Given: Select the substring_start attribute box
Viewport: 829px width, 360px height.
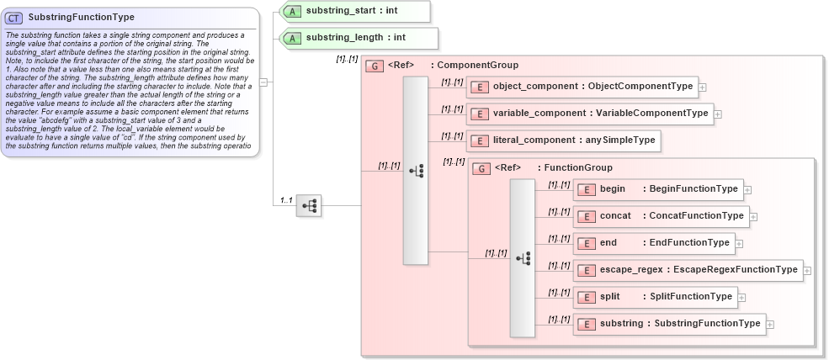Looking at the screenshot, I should click(354, 11).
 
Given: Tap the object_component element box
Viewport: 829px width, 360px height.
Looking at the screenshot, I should click(582, 86).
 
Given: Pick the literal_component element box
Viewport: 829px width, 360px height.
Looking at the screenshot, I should click(564, 140).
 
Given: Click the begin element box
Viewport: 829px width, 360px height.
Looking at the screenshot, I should click(659, 189).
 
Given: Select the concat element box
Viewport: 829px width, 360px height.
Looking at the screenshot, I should click(661, 216).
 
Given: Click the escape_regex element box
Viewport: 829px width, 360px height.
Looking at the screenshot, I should click(688, 270).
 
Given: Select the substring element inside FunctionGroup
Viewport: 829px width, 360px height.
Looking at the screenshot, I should click(669, 324).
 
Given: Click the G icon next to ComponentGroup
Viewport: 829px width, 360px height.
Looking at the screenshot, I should click(376, 66).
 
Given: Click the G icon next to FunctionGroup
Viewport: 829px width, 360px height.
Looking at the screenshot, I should click(482, 168).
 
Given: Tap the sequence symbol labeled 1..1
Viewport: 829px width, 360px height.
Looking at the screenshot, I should click(308, 205).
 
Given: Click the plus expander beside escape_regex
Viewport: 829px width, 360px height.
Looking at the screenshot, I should click(807, 271).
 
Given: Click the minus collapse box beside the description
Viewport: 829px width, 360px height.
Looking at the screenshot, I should click(263, 82).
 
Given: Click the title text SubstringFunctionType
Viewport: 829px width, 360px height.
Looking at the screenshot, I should click(81, 17).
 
